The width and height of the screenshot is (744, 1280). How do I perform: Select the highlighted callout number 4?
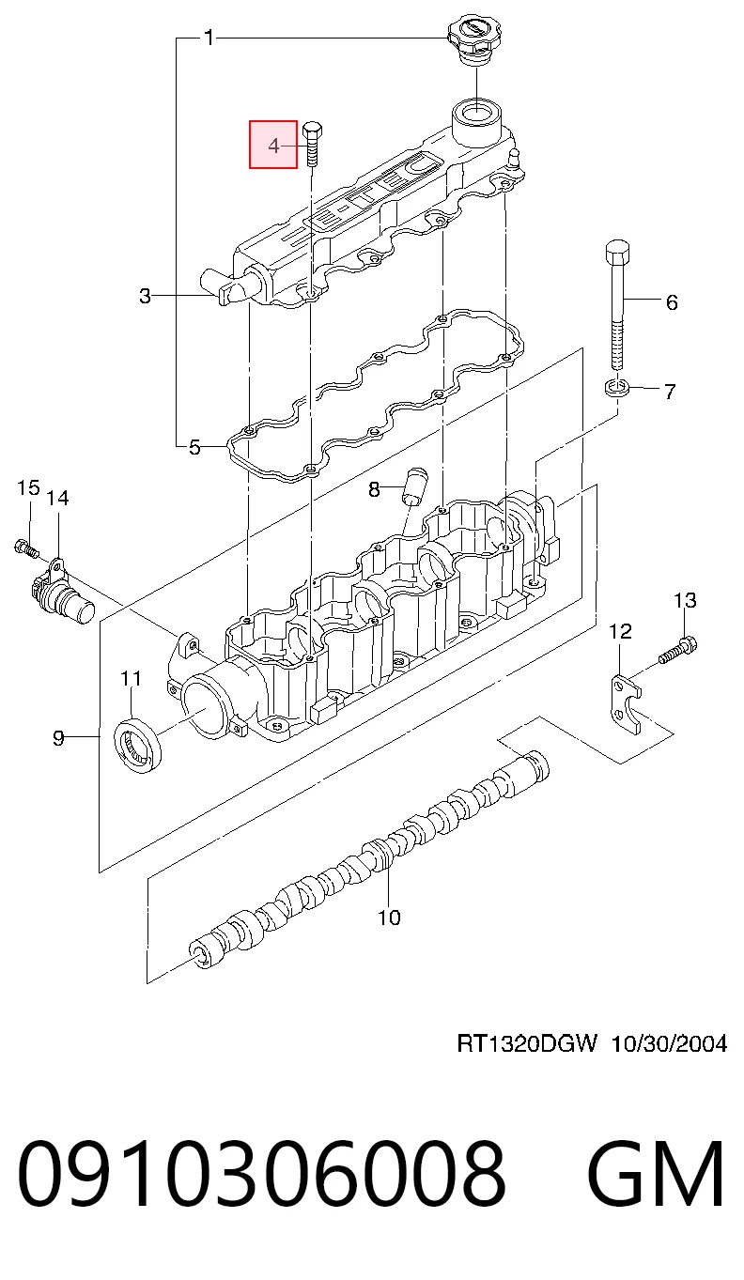coord(273,146)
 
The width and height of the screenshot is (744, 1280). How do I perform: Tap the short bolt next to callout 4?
coord(312,144)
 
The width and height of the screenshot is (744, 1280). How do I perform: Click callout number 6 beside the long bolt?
coord(672,301)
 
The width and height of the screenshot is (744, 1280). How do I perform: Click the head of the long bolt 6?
coord(617,252)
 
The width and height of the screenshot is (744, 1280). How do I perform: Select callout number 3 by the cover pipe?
coord(146,296)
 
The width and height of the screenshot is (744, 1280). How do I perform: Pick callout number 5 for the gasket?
coord(194,447)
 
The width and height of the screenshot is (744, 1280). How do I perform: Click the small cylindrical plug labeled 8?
coord(416,486)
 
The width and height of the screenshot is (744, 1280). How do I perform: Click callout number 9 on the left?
coord(58,739)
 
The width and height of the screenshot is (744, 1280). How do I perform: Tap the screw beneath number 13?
coord(677,651)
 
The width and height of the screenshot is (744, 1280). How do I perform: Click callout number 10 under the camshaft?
coord(389,918)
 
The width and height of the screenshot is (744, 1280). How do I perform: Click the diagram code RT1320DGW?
coord(526,1043)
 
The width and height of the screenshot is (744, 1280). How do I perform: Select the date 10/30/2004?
coord(669,1043)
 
